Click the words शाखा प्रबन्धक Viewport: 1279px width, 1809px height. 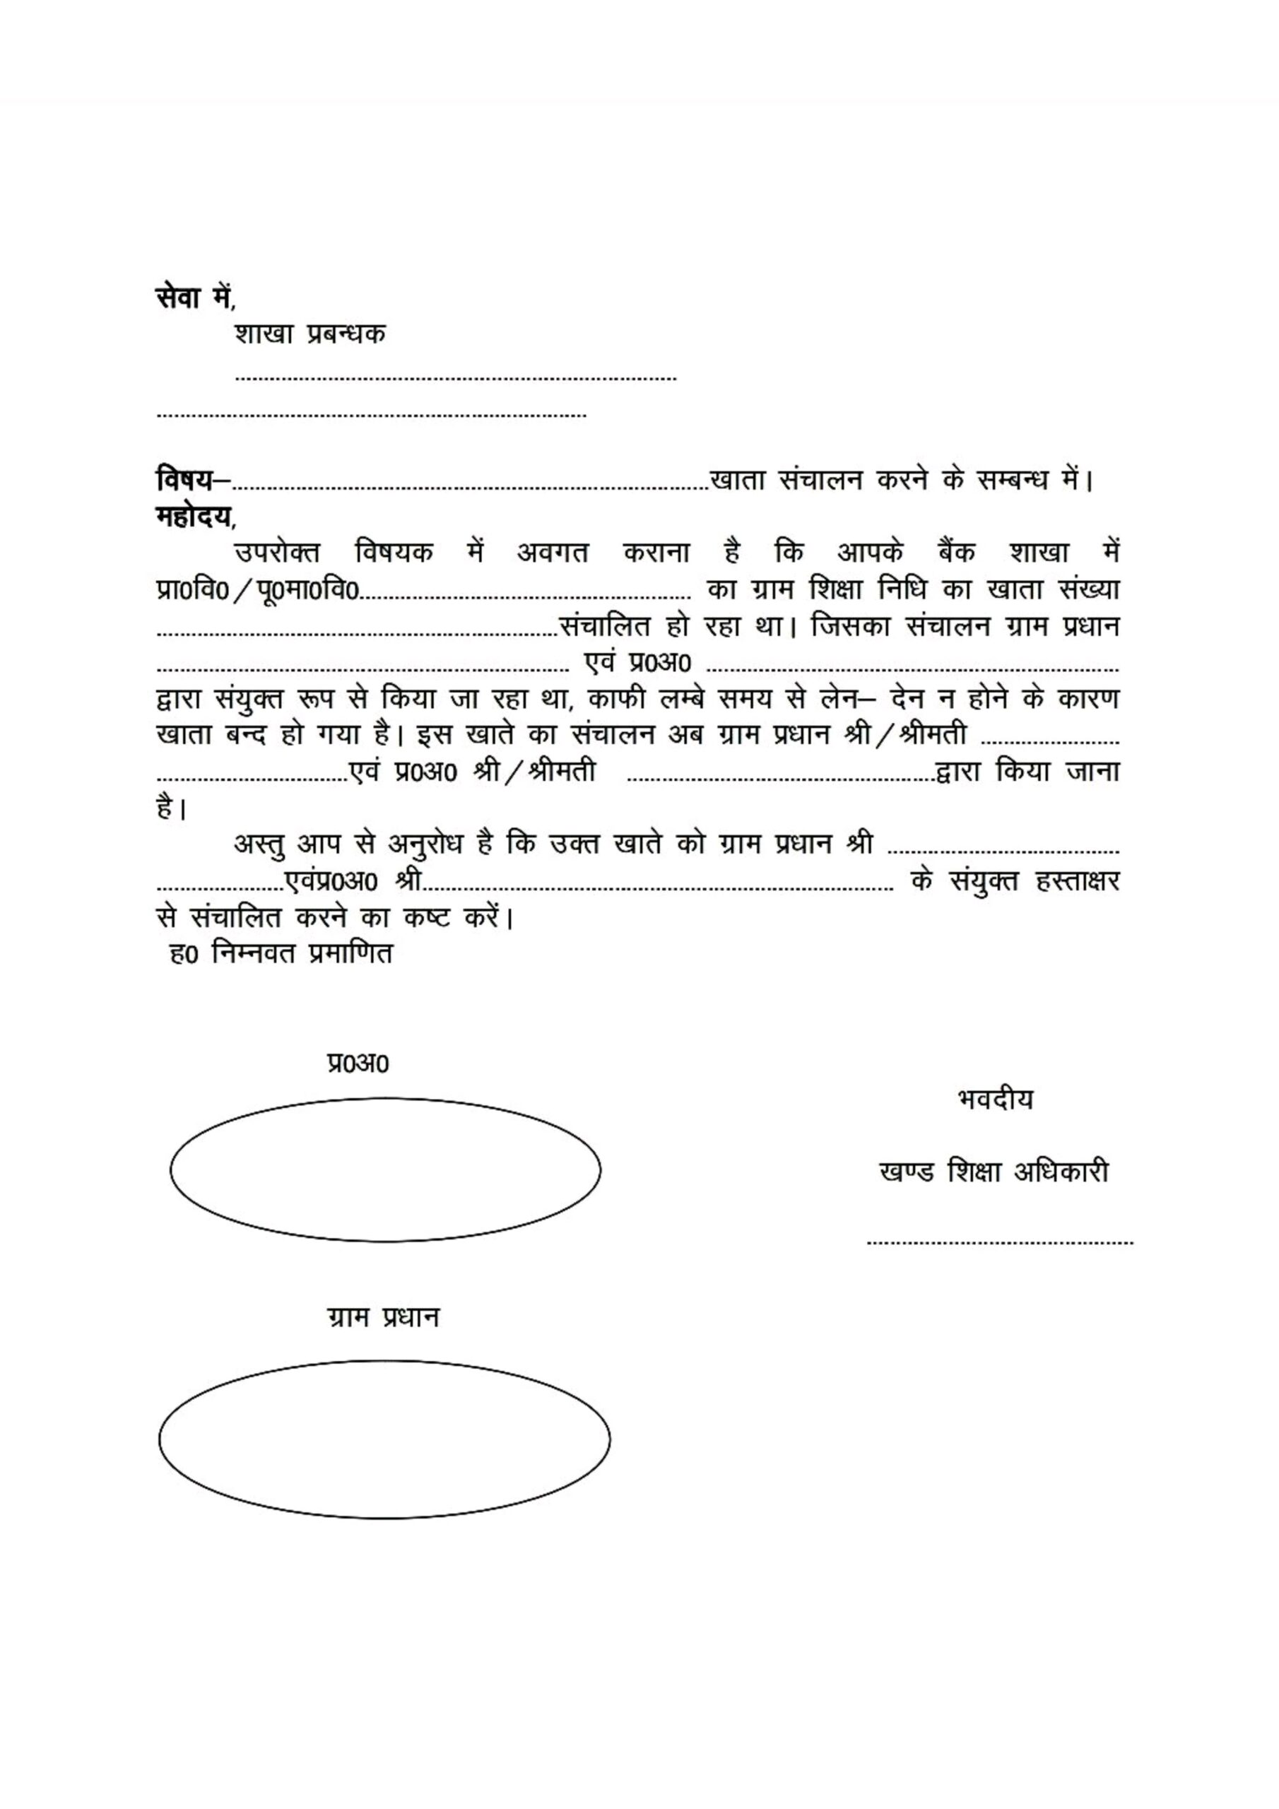point(310,334)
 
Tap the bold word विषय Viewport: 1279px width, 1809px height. point(184,478)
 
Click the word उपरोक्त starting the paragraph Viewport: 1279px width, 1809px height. point(278,553)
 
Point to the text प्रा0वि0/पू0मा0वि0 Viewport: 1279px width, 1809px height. point(258,589)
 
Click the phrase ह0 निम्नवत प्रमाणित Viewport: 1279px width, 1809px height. point(281,953)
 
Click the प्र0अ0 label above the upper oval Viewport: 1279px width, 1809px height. point(358,1063)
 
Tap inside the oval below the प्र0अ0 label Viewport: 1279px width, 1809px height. point(385,1170)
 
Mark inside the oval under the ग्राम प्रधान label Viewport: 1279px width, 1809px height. point(384,1439)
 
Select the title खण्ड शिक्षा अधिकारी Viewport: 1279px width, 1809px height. point(994,1172)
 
